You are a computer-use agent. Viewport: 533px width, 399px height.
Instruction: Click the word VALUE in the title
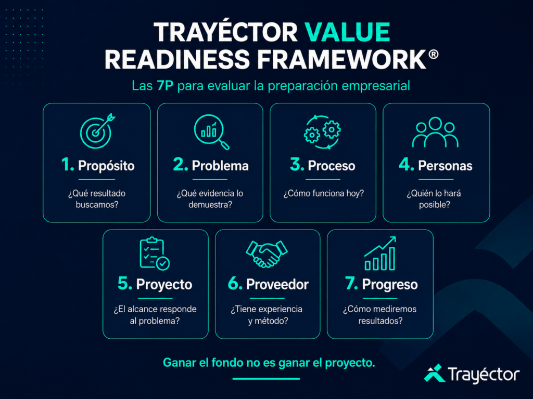(x=347, y=32)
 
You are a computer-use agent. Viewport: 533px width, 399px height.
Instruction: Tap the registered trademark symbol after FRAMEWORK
(x=434, y=54)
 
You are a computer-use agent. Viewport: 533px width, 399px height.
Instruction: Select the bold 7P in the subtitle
(x=165, y=86)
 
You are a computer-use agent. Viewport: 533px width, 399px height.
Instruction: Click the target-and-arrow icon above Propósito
(x=97, y=130)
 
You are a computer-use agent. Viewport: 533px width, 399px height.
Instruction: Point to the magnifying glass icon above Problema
(x=211, y=132)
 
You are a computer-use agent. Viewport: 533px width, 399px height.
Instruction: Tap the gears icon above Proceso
(x=322, y=132)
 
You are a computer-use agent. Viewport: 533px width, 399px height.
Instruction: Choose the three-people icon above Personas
(x=436, y=132)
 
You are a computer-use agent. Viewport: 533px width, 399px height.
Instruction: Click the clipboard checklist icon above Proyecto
(x=155, y=254)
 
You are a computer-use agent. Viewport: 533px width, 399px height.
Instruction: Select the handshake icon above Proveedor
(x=267, y=254)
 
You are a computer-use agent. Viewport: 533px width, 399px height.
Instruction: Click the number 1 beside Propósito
(x=67, y=165)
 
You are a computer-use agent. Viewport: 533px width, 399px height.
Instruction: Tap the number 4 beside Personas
(x=406, y=165)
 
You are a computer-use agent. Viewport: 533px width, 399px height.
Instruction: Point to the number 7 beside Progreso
(x=351, y=283)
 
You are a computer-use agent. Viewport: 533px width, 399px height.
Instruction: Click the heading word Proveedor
(x=277, y=284)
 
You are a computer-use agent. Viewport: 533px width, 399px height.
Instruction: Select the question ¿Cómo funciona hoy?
(x=324, y=193)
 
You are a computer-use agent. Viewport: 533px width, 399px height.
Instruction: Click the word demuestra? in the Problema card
(x=210, y=205)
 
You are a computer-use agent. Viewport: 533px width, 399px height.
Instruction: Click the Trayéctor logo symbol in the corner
(x=435, y=373)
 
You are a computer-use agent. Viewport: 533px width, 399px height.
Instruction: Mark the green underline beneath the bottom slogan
(x=266, y=379)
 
